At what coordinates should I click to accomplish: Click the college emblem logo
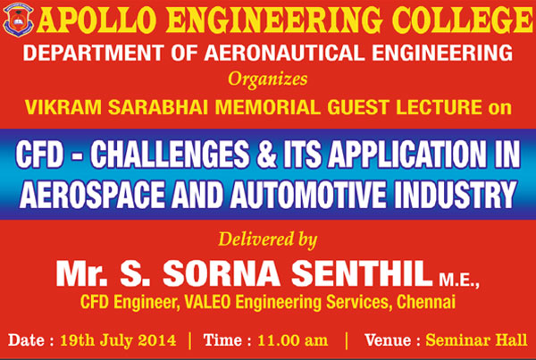pos(18,20)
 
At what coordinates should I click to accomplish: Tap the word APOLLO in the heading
pos(96,20)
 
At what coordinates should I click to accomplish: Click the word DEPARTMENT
pos(93,53)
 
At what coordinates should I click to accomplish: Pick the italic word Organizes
pos(268,80)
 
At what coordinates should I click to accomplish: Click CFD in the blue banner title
pos(39,155)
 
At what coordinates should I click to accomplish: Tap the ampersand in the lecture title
pos(266,155)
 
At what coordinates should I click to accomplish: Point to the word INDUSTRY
pos(456,195)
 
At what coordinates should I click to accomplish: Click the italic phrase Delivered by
pos(268,239)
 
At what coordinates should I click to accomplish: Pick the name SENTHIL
pos(362,273)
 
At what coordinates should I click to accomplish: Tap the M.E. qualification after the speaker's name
pos(459,280)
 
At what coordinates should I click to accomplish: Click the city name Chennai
pos(425,302)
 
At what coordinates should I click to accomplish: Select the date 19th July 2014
pos(118,340)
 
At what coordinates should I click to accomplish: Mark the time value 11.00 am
pos(293,340)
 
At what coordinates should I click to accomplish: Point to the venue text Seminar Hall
pos(476,340)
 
